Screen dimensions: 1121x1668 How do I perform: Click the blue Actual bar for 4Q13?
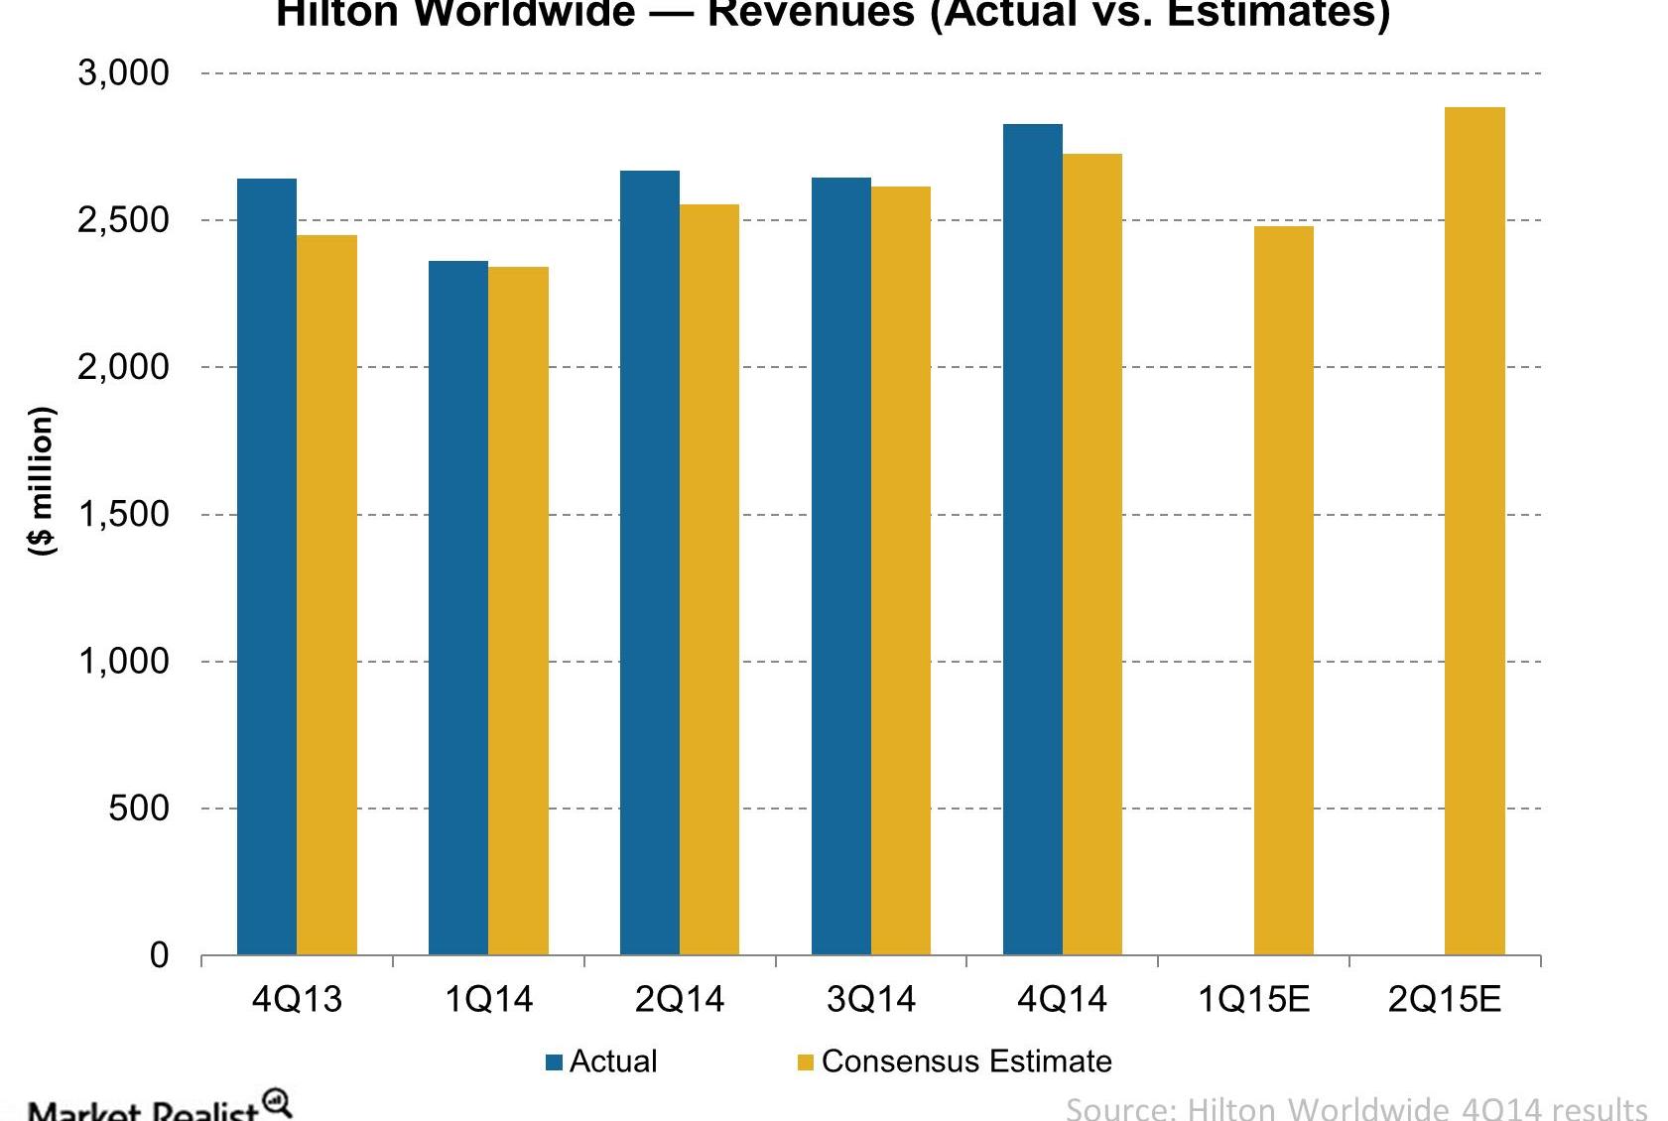(x=267, y=565)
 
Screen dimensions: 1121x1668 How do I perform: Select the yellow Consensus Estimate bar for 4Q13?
(x=326, y=595)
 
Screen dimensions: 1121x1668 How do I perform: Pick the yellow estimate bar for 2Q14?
(x=709, y=579)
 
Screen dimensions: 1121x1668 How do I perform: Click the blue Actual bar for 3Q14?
(x=841, y=565)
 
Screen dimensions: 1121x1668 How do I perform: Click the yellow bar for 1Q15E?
(x=1284, y=590)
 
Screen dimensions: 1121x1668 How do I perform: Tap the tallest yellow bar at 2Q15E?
(x=1475, y=531)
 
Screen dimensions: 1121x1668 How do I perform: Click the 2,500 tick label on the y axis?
(x=123, y=220)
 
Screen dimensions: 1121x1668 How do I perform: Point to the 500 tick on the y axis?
(x=139, y=809)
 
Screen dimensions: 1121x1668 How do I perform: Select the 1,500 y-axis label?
(x=123, y=515)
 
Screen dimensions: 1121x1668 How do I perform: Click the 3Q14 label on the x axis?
(x=870, y=999)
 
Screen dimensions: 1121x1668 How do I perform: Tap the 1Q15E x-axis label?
(x=1253, y=999)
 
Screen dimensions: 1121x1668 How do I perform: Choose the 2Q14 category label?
(x=680, y=999)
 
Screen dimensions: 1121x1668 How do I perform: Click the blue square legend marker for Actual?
(x=555, y=1062)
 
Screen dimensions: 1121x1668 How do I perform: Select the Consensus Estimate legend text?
(x=965, y=1061)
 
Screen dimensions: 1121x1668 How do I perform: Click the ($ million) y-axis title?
(x=41, y=480)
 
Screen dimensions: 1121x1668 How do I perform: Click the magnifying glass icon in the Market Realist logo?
(x=277, y=1102)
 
